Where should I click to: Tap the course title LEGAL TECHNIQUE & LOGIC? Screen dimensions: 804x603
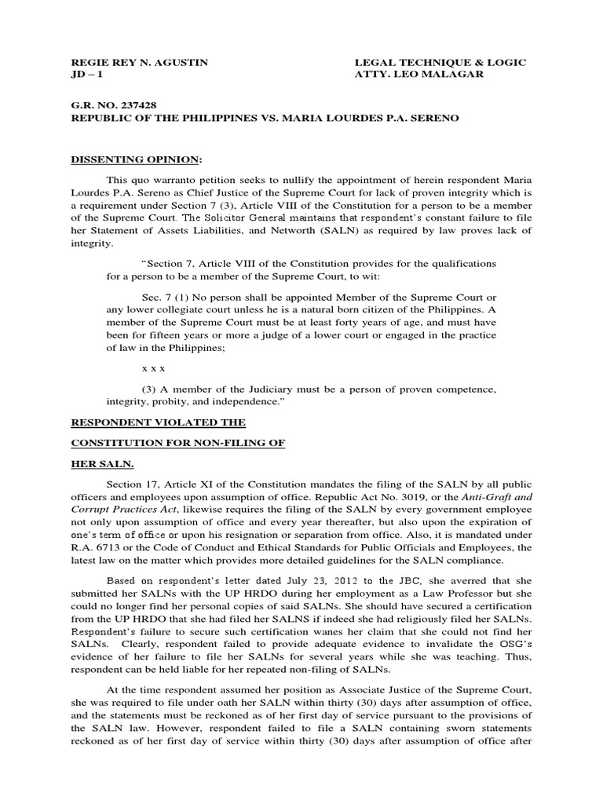click(440, 63)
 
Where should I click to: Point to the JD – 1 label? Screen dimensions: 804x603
click(86, 75)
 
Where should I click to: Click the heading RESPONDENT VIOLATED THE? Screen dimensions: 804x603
click(159, 422)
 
